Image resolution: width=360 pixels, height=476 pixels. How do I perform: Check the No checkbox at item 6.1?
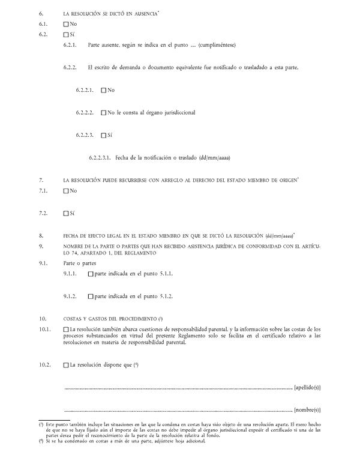66,23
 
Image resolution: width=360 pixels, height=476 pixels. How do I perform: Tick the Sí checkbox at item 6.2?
66,34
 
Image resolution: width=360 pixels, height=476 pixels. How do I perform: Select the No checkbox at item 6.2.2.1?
104,90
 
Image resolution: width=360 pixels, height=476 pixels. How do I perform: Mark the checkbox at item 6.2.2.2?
104,112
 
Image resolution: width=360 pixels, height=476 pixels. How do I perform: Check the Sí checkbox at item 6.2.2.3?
104,135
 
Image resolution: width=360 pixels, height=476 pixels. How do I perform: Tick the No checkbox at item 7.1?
66,191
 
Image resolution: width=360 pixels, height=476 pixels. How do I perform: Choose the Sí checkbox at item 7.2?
66,213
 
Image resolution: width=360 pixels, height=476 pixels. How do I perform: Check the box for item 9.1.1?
91,274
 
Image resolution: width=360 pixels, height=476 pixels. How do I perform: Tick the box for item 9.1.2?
91,297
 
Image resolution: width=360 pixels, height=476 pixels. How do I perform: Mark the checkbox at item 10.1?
66,330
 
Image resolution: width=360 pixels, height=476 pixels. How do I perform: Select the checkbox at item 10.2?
66,364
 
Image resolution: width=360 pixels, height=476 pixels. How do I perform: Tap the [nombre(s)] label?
308,411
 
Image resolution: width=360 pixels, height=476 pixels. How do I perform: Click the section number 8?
41,235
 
